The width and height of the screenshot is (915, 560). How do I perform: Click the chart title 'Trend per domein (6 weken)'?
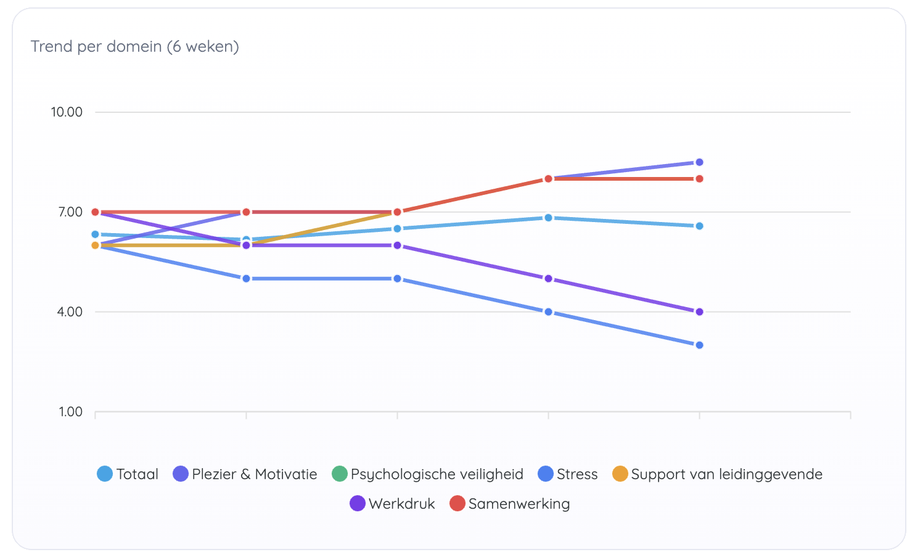tap(135, 47)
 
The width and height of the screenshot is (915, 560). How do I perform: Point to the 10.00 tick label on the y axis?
tap(67, 112)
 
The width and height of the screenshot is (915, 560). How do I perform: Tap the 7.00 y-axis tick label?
tap(70, 212)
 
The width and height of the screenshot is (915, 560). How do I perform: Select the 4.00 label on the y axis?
tap(70, 312)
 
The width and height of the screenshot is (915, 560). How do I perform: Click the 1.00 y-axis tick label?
tap(70, 412)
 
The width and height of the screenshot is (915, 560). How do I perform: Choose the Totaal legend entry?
tap(128, 474)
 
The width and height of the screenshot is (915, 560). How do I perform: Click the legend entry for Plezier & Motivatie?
tap(245, 474)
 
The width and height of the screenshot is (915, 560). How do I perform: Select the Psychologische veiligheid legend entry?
tap(428, 474)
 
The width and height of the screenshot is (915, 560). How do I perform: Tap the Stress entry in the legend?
tap(568, 474)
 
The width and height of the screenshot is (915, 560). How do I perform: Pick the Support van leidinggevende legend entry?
tap(718, 474)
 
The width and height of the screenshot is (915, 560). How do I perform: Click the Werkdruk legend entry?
tap(393, 504)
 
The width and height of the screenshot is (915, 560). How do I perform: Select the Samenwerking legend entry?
tap(511, 504)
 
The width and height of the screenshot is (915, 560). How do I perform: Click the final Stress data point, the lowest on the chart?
tap(699, 345)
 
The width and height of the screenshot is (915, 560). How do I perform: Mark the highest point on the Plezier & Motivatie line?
tap(699, 163)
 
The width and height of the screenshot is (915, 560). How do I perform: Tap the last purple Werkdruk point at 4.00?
tap(699, 312)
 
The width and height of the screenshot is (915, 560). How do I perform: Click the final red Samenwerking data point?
tap(699, 179)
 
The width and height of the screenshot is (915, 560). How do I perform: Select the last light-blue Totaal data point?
tap(699, 226)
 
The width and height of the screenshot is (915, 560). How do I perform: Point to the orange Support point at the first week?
tap(95, 245)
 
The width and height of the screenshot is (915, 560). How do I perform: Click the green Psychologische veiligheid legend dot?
tap(340, 474)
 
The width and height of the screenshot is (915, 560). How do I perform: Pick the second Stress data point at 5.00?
tap(246, 279)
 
